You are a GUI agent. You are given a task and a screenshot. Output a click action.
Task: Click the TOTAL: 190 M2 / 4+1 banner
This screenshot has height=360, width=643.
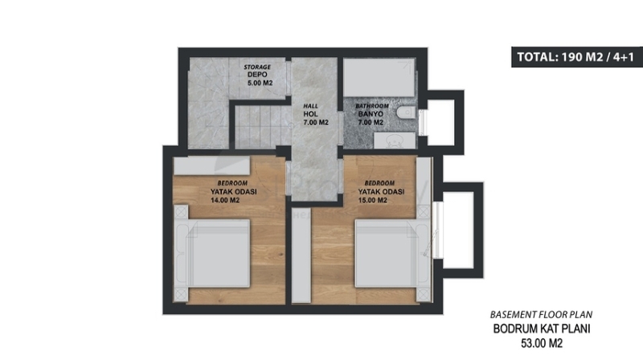(576, 57)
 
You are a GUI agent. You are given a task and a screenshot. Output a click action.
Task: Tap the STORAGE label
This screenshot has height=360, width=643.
(257, 67)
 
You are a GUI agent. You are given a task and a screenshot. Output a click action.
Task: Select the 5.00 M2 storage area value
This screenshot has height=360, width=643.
(260, 83)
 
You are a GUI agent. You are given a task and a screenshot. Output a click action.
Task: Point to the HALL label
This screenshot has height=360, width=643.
(310, 106)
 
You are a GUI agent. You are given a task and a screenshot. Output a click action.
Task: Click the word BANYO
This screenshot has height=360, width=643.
(371, 114)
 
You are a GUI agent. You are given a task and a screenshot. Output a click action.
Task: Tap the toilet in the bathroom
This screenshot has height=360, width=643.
(406, 112)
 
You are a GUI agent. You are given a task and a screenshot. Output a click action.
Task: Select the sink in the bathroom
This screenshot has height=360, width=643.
(395, 141)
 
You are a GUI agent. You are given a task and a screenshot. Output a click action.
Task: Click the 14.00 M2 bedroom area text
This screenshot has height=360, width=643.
(225, 201)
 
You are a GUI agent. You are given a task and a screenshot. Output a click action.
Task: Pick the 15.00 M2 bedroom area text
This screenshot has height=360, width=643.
(372, 201)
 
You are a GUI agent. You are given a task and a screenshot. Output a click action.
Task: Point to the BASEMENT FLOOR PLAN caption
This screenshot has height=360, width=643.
(541, 314)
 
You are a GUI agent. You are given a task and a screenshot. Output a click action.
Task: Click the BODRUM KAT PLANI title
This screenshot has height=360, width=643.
(541, 329)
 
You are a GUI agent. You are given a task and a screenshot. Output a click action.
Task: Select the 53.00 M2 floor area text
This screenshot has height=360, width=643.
(542, 343)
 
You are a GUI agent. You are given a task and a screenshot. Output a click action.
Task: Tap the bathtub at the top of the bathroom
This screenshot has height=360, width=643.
(379, 77)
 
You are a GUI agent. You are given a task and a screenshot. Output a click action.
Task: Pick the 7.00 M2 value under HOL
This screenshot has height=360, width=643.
(316, 122)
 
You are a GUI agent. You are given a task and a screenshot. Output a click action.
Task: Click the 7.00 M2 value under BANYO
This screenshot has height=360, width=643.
(371, 122)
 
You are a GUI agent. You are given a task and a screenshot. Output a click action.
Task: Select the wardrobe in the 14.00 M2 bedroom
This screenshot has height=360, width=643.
(212, 166)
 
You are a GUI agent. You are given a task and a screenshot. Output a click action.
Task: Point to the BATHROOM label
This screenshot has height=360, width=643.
(372, 106)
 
